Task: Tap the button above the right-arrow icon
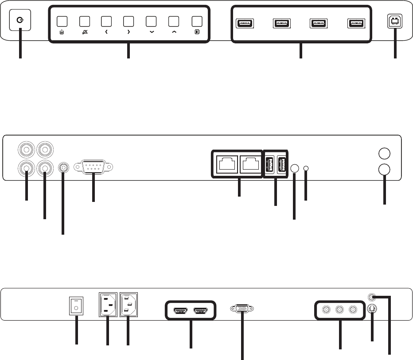click(x=129, y=21)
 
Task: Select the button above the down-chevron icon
click(x=151, y=21)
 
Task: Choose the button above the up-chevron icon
click(x=174, y=21)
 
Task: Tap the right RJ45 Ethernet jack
click(x=249, y=165)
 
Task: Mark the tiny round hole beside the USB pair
click(x=306, y=168)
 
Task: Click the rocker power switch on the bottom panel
click(x=76, y=305)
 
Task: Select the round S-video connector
click(x=372, y=310)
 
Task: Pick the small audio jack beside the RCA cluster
click(x=63, y=167)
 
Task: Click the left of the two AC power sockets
click(x=107, y=304)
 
